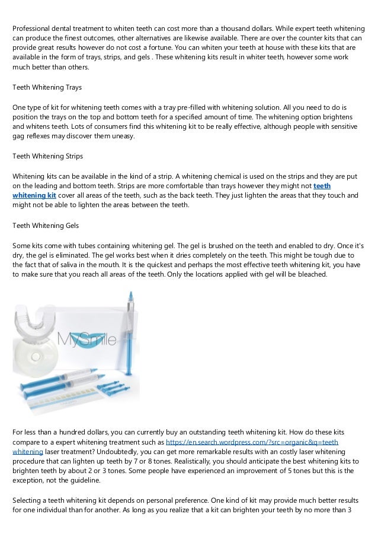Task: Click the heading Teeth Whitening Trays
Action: [x=47, y=87]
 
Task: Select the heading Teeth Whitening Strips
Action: [x=47, y=157]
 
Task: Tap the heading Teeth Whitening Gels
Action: [x=46, y=226]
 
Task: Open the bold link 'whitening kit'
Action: [x=35, y=195]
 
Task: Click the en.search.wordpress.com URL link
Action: [x=252, y=443]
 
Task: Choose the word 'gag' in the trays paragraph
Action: [x=19, y=136]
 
